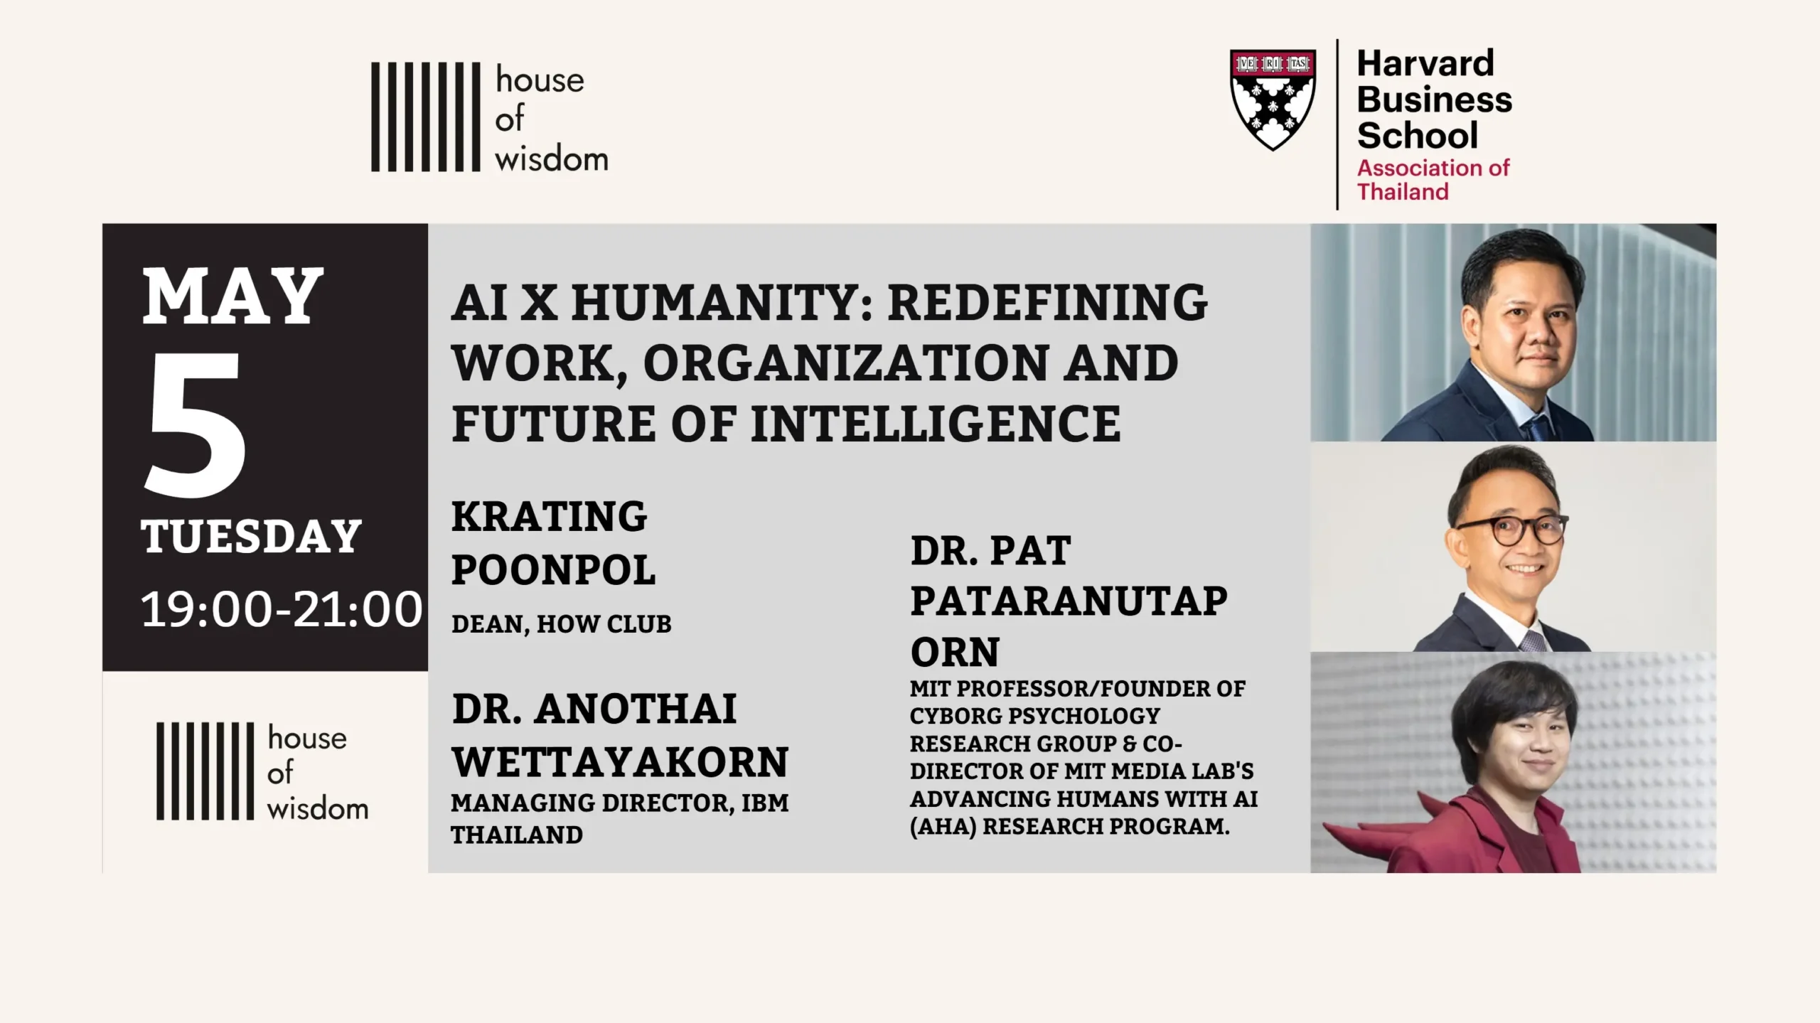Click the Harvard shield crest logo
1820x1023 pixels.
click(1273, 100)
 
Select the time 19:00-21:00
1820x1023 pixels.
click(282, 609)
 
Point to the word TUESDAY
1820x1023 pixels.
click(251, 536)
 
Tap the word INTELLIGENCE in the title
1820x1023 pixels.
click(936, 424)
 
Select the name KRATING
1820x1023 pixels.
click(549, 516)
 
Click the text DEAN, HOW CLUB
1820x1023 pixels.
click(562, 624)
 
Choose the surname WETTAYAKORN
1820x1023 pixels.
click(621, 762)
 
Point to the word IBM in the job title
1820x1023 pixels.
click(765, 803)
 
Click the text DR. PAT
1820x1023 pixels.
click(990, 550)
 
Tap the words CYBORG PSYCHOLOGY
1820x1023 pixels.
click(1034, 715)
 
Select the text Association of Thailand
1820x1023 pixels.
click(1433, 179)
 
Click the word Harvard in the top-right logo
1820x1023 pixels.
click(1425, 63)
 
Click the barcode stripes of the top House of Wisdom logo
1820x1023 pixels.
click(426, 117)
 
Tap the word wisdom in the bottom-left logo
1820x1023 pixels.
click(318, 808)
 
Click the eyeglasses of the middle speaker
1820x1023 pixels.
click(1512, 530)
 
